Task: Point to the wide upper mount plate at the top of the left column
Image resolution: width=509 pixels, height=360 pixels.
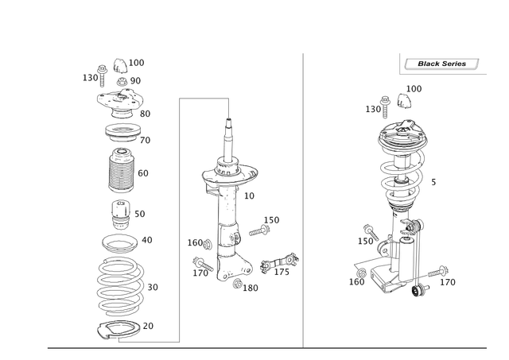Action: (119, 99)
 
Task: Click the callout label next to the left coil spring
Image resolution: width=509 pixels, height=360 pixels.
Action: (152, 285)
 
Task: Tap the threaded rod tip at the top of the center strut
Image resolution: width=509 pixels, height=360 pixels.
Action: (229, 124)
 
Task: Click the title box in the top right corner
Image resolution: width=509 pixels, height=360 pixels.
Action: (441, 62)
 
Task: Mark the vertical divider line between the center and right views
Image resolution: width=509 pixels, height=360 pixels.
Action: (305, 199)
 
